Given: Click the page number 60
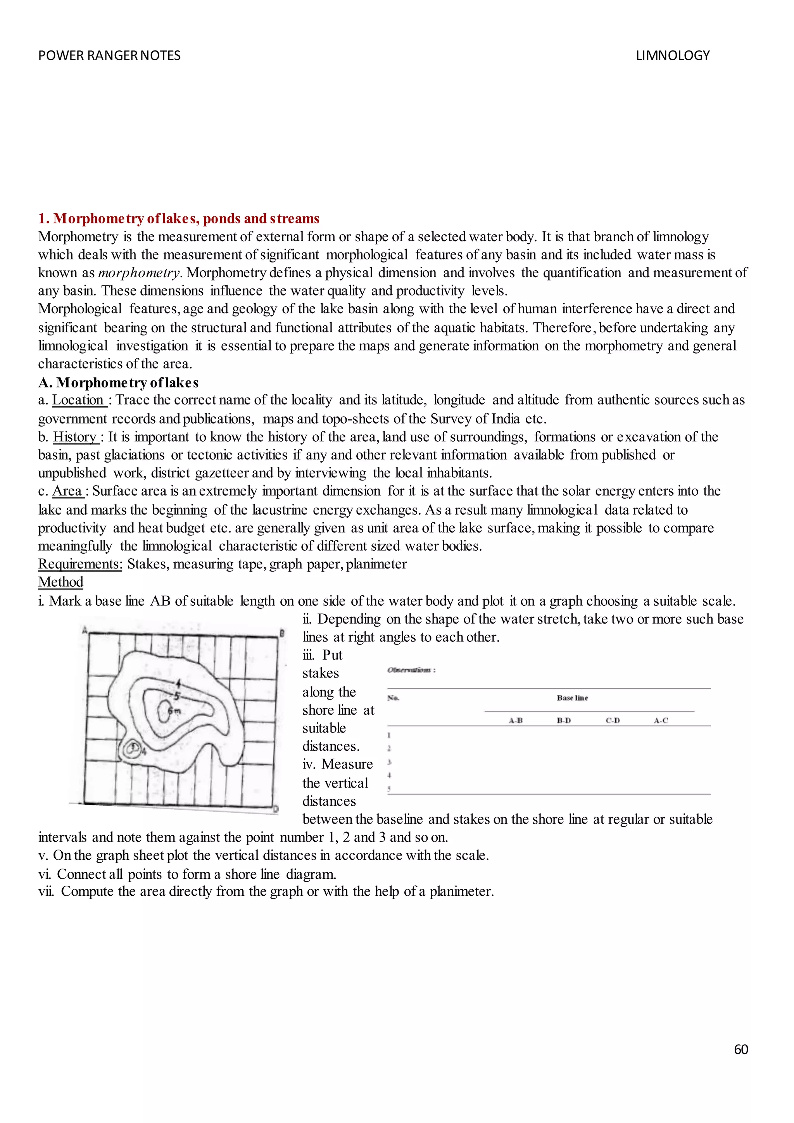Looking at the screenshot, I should point(741,1049).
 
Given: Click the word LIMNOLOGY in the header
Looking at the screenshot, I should point(672,56).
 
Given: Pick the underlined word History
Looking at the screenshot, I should point(75,437).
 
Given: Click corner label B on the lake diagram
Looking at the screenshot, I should point(282,633).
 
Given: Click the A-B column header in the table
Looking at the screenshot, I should point(515,720).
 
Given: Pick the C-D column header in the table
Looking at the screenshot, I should point(612,720).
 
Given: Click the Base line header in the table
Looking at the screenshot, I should point(571,698).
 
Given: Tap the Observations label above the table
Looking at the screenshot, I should point(411,670).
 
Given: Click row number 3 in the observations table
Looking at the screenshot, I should point(389,762).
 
